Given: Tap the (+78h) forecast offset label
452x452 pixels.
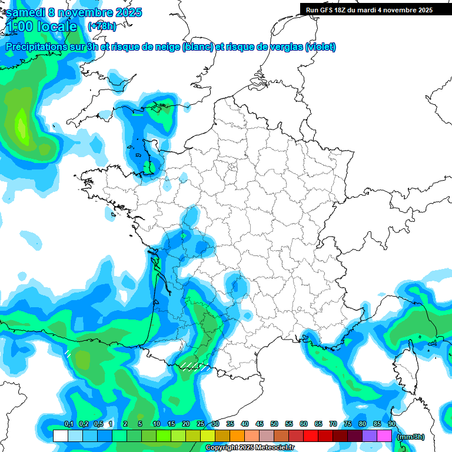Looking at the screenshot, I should pyautogui.click(x=102, y=26).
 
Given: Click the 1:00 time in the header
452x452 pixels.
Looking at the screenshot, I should pyautogui.click(x=19, y=26).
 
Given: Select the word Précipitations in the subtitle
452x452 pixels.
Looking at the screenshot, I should pyautogui.click(x=35, y=47).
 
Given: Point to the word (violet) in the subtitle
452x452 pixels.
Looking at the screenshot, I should pyautogui.click(x=321, y=47).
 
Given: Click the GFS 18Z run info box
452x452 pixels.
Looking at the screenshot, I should pyautogui.click(x=369, y=10).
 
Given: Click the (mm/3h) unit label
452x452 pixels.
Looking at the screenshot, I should pyautogui.click(x=410, y=436).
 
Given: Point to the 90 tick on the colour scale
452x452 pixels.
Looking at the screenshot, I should pyautogui.click(x=391, y=424).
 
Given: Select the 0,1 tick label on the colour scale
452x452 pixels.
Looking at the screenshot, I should pyautogui.click(x=68, y=424).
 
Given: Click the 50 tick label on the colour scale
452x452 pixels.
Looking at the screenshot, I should pyautogui.click(x=274, y=424).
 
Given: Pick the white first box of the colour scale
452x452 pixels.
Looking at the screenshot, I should pyautogui.click(x=61, y=436).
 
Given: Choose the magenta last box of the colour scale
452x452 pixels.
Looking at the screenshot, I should pyautogui.click(x=384, y=436).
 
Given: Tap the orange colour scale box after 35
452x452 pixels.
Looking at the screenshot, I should pyautogui.click(x=237, y=436).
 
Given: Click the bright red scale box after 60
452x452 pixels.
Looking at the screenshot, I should pyautogui.click(x=311, y=436).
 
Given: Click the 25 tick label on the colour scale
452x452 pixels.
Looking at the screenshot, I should pyautogui.click(x=201, y=424).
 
